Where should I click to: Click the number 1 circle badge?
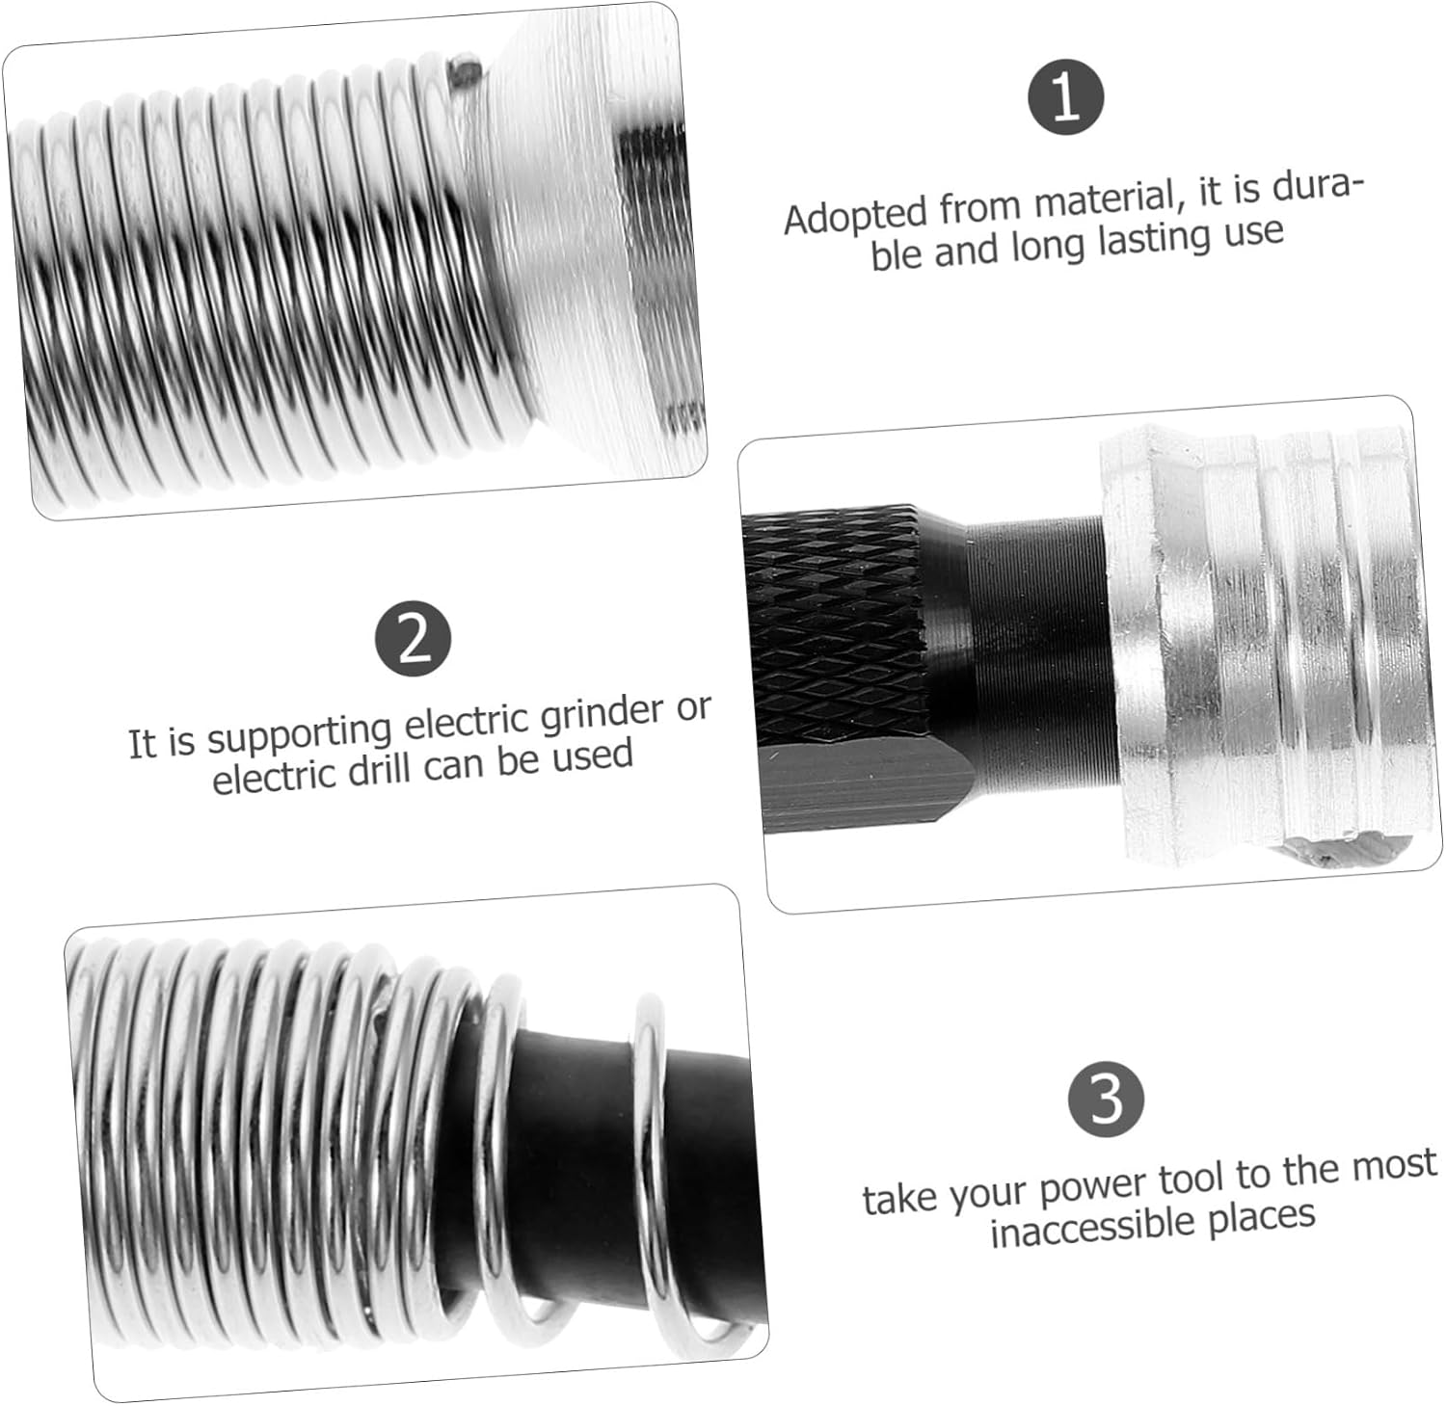click(1065, 97)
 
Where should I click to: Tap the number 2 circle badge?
click(414, 638)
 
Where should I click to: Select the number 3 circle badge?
click(1107, 1099)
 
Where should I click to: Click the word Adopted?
click(856, 215)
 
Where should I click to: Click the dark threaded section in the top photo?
click(656, 260)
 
